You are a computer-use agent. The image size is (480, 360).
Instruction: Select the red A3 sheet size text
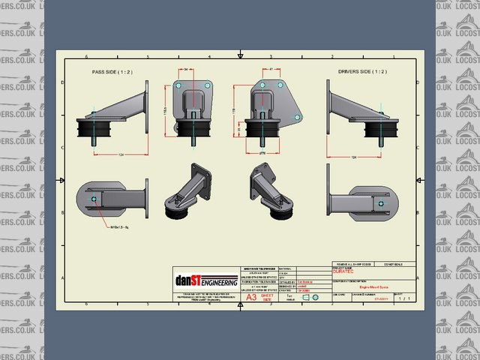point(251,296)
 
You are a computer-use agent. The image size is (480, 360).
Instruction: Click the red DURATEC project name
point(342,273)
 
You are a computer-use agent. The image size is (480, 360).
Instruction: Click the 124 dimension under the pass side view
point(121,155)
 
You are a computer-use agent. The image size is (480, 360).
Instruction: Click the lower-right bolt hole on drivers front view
point(298,118)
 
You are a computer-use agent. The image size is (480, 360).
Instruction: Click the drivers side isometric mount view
point(271,191)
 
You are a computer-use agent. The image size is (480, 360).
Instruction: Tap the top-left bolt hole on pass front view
point(180,85)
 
